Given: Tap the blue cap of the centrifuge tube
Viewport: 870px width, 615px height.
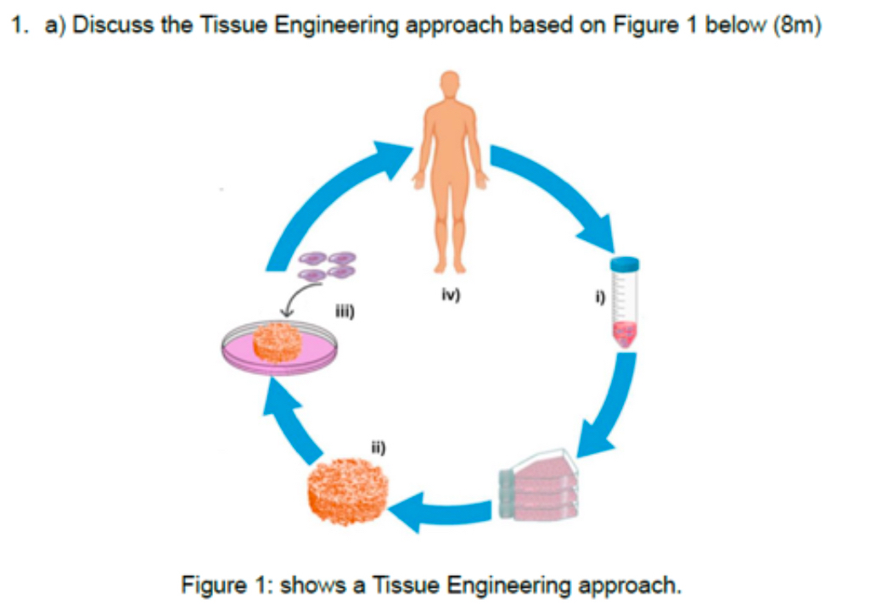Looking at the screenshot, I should (x=626, y=263).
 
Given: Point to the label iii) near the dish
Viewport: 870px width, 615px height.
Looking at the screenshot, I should (x=345, y=312).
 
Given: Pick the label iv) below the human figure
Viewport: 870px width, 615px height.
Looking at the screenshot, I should (x=451, y=296).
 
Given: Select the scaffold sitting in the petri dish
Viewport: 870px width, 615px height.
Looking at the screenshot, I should (x=277, y=341).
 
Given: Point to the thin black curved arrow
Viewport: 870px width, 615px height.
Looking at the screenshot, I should (x=295, y=298).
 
